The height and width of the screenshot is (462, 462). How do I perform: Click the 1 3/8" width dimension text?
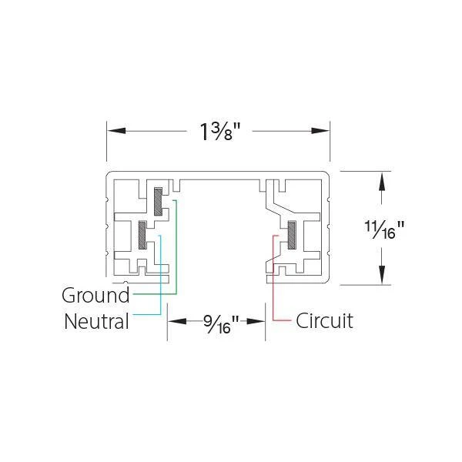[x=220, y=132]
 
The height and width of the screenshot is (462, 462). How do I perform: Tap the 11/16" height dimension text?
[x=384, y=229]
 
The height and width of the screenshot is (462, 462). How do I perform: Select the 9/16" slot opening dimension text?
[x=221, y=324]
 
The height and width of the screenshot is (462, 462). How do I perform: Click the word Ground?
[x=95, y=295]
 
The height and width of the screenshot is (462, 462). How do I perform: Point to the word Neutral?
[x=97, y=321]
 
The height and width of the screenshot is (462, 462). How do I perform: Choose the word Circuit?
[x=324, y=320]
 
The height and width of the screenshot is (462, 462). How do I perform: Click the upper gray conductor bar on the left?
[x=158, y=201]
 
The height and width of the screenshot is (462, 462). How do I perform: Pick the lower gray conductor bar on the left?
[x=142, y=235]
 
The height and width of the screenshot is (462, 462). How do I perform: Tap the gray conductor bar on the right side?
[x=292, y=235]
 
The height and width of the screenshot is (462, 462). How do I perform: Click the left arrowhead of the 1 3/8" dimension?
[x=116, y=131]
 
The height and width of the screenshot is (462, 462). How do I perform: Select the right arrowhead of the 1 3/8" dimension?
[x=320, y=131]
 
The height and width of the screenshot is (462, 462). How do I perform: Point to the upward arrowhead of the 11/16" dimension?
[x=382, y=181]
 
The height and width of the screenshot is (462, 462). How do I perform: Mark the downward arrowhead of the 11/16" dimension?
[x=382, y=275]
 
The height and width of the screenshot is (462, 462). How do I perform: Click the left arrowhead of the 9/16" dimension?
[x=177, y=321]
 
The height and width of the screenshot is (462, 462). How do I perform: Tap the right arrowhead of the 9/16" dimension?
[x=256, y=321]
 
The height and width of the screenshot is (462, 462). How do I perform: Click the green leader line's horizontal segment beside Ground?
[x=155, y=294]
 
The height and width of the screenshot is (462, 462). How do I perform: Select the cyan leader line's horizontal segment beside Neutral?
[x=147, y=314]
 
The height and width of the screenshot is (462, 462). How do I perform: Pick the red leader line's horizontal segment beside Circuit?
[x=282, y=320]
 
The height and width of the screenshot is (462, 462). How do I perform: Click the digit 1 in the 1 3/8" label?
[x=204, y=132]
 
